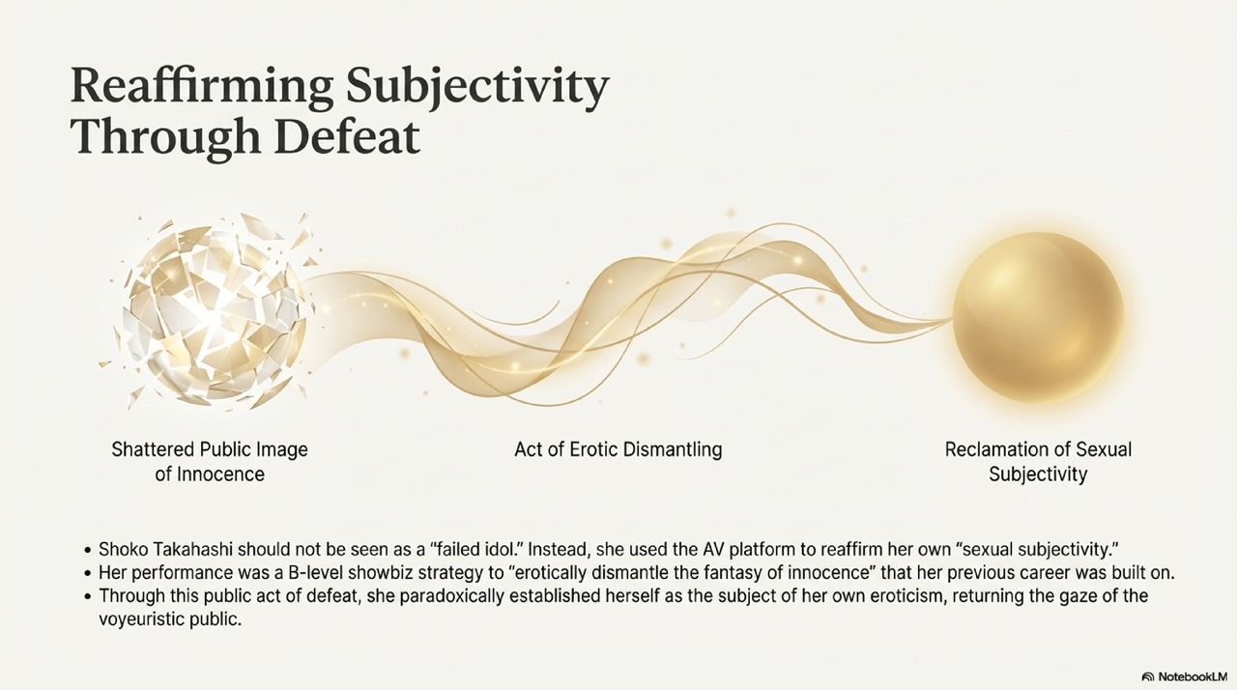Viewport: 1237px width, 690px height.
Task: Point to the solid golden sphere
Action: (1038, 317)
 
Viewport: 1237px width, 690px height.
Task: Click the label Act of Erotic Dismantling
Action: (618, 449)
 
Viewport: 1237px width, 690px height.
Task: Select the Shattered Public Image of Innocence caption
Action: (210, 462)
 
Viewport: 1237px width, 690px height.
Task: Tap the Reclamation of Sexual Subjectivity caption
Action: (1038, 462)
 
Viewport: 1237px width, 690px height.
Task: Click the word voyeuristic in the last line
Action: (141, 619)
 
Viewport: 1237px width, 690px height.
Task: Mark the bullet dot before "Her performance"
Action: (88, 574)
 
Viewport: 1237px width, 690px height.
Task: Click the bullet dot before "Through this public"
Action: (88, 597)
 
